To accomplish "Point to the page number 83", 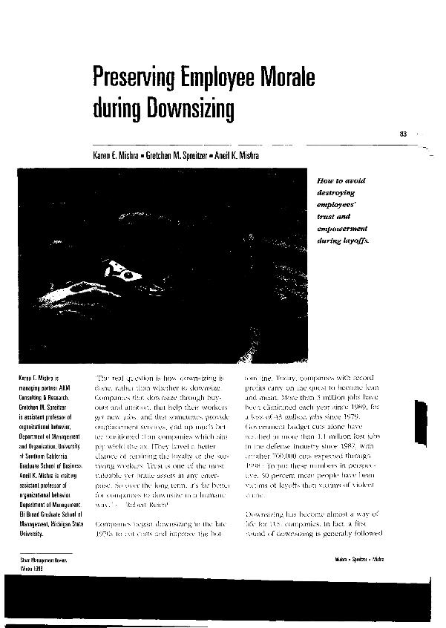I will tap(404, 134).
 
